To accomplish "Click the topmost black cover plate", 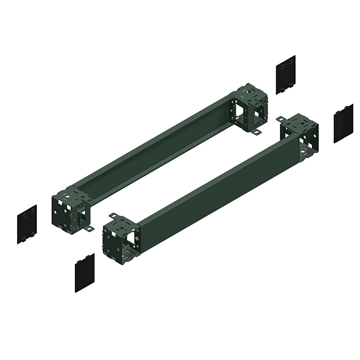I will pos(286,75).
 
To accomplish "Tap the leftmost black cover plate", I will pos(27,224).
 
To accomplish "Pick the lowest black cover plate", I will pos(85,273).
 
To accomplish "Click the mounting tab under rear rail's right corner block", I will pos(256,133).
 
